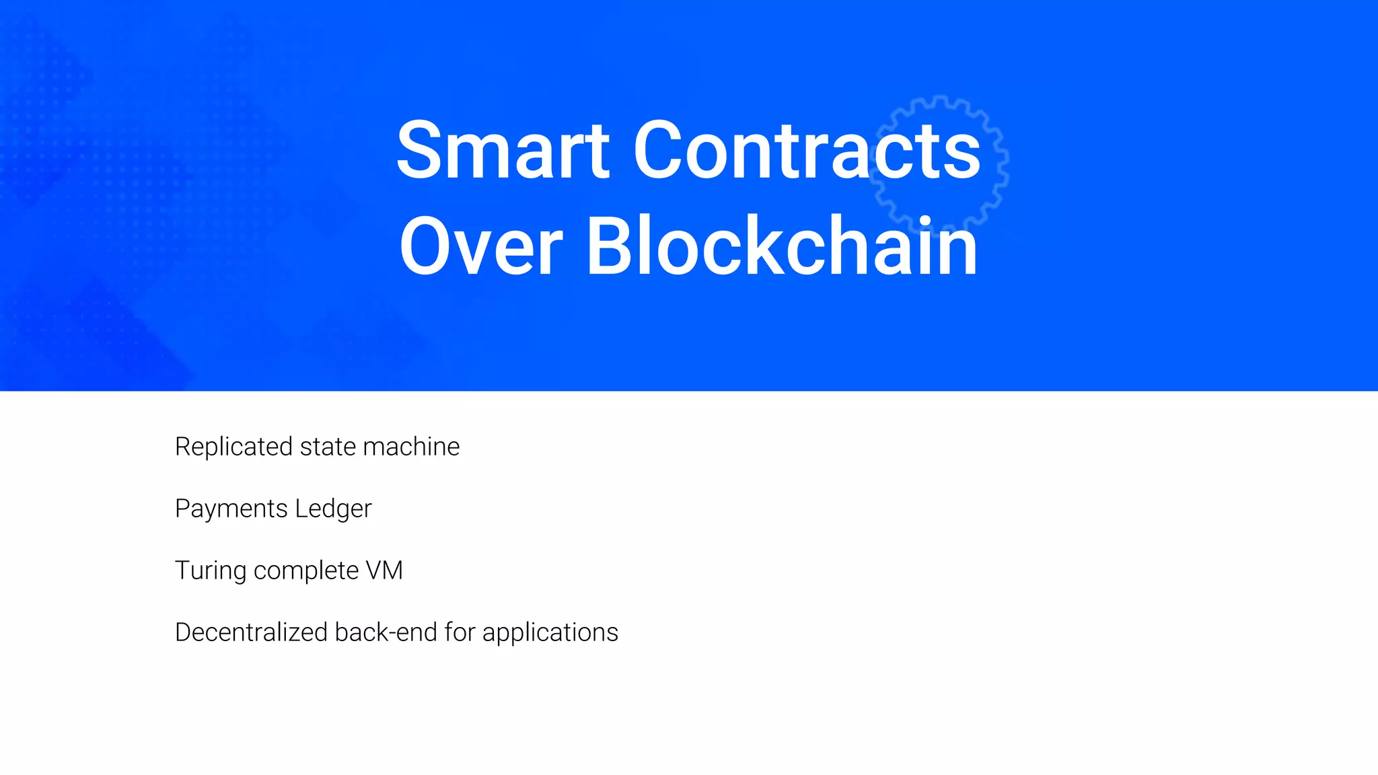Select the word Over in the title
pyautogui.click(x=480, y=246)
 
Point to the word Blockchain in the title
pyautogui.click(x=782, y=246)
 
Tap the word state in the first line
pyautogui.click(x=328, y=447)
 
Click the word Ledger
pyautogui.click(x=333, y=509)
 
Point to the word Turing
pyautogui.click(x=211, y=571)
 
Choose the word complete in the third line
pyautogui.click(x=306, y=571)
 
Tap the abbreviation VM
pyautogui.click(x=384, y=570)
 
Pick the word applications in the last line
pyautogui.click(x=550, y=633)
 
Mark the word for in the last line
pyautogui.click(x=460, y=632)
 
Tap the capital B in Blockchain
pyautogui.click(x=611, y=246)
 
